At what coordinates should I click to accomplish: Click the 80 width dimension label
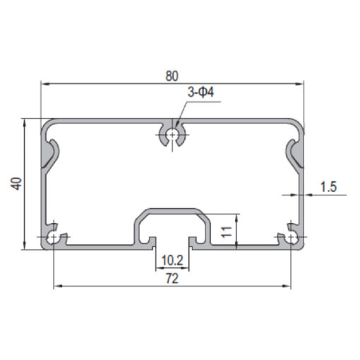click(x=172, y=76)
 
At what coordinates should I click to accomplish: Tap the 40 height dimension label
click(x=16, y=184)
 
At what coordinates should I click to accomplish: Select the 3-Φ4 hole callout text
click(x=201, y=92)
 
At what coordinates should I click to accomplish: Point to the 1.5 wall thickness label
click(x=329, y=186)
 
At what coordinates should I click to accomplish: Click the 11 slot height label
click(x=227, y=232)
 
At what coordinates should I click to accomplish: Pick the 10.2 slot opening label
click(x=172, y=260)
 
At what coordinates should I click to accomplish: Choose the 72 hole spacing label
click(x=172, y=279)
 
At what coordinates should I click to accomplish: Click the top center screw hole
click(x=172, y=135)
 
